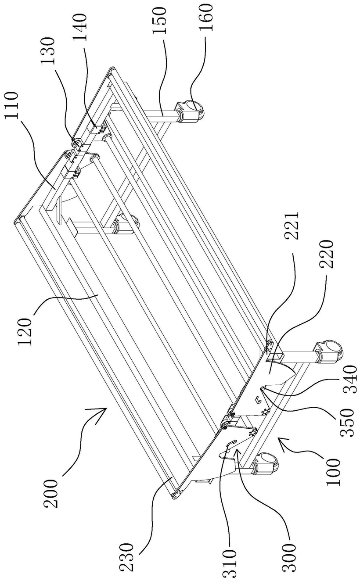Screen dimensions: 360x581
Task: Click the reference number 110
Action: pos(12,105)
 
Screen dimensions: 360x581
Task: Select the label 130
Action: pos(49,51)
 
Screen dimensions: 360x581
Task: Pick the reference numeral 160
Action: pos(206,17)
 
